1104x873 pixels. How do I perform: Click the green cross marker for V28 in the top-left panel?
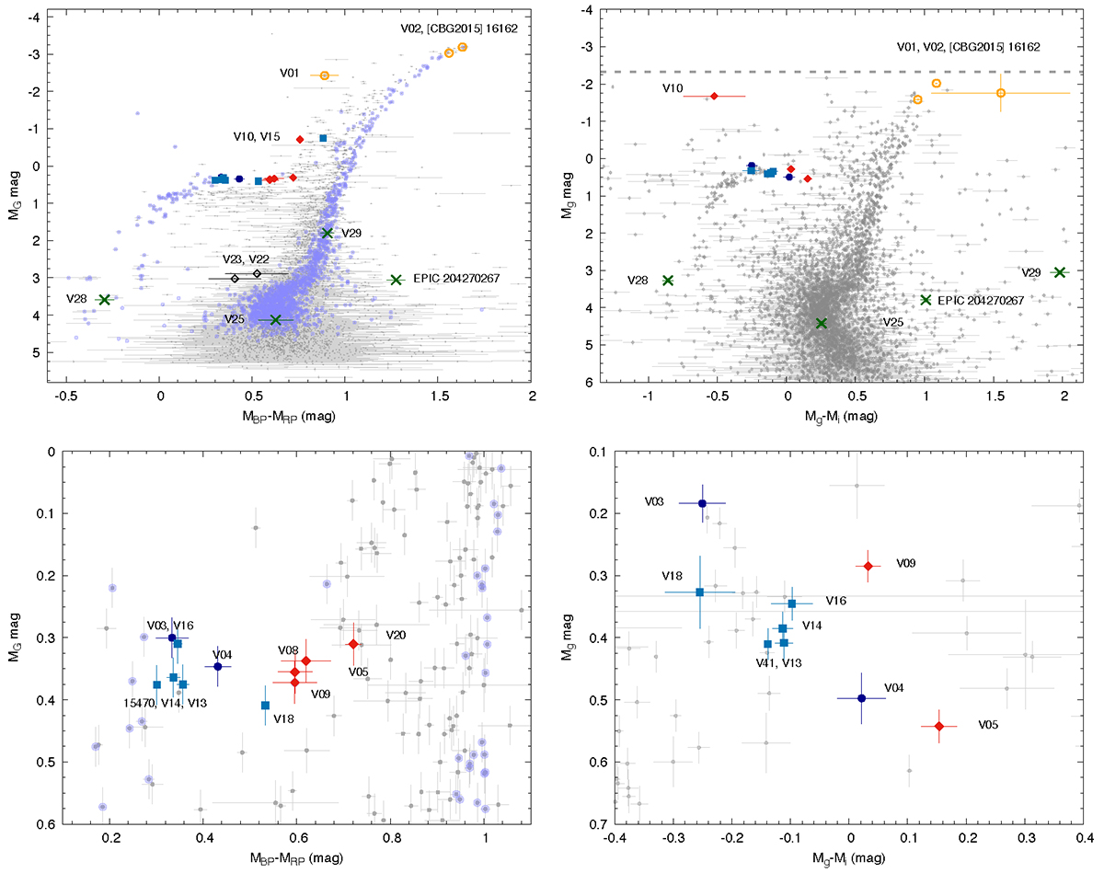tap(104, 300)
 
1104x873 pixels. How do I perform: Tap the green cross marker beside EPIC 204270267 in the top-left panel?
tap(397, 280)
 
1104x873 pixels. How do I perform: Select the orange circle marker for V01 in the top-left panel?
tap(325, 75)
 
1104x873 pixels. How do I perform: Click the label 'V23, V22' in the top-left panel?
tap(247, 260)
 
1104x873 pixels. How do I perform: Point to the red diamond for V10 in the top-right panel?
tap(714, 96)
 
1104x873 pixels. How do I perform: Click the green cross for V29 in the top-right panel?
tap(1059, 272)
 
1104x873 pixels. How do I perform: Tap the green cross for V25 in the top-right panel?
tap(822, 323)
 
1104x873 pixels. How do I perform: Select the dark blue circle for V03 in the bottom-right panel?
tap(702, 503)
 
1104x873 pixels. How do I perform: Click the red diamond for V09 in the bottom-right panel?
tap(868, 566)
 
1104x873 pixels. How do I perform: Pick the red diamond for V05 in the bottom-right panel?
tap(938, 726)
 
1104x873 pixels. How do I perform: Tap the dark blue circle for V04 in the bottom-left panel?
tap(217, 666)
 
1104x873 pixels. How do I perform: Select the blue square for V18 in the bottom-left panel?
tap(265, 706)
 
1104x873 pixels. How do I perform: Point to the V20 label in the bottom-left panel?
tap(397, 635)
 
